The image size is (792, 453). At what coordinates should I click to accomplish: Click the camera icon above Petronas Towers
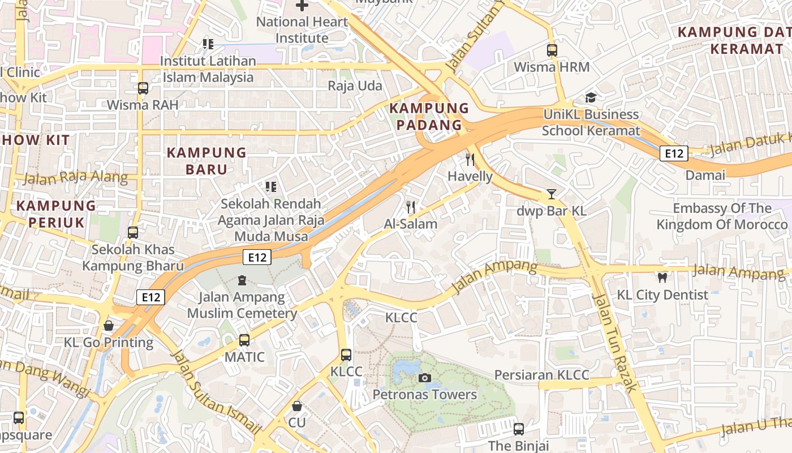424,378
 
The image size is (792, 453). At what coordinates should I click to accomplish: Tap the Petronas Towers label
424,395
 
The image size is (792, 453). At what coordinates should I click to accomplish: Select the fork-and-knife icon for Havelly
470,159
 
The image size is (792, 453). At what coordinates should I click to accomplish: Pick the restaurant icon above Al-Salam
411,207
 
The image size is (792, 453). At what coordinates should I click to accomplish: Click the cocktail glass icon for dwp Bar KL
551,194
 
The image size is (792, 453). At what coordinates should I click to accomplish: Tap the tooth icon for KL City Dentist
662,277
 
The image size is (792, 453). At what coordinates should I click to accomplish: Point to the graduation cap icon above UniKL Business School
591,97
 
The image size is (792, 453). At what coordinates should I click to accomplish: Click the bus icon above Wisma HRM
552,50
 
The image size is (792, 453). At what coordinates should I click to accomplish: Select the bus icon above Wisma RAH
143,88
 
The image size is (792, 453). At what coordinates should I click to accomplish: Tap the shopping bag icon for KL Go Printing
109,326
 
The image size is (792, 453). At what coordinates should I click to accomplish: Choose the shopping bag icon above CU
296,406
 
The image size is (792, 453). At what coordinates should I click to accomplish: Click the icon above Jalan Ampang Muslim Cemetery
242,280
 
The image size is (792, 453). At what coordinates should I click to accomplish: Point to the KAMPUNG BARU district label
206,161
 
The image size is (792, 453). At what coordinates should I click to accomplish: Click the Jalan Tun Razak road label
614,343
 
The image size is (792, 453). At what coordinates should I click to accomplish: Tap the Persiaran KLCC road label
541,375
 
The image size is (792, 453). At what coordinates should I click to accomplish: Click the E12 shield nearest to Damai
674,153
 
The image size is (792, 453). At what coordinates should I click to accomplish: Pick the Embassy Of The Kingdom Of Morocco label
721,216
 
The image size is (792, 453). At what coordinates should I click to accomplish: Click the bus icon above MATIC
244,340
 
